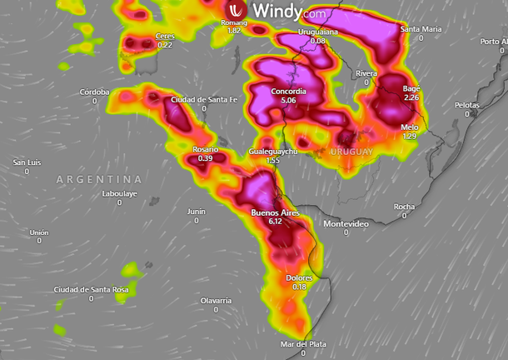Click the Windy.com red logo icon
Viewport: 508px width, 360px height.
[x=237, y=12]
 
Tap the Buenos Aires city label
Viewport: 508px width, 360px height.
[x=275, y=213]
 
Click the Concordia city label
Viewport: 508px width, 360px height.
[x=289, y=91]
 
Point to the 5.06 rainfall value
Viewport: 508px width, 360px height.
[x=289, y=100]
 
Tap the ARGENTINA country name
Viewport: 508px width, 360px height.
[x=99, y=179]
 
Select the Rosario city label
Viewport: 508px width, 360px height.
[x=206, y=149]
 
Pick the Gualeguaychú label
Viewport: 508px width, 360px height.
[x=273, y=151]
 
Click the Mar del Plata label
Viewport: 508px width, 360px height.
[x=303, y=344]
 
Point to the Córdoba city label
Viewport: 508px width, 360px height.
[x=94, y=92]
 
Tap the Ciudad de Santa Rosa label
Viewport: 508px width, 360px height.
[x=92, y=289]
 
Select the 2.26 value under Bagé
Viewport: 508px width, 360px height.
[x=411, y=97]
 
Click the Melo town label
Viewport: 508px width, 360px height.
[x=409, y=127]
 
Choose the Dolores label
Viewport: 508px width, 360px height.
[x=299, y=277]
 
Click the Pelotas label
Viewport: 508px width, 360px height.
[x=467, y=105]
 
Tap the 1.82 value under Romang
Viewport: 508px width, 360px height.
[x=235, y=31]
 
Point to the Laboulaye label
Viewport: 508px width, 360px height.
[x=119, y=193]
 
